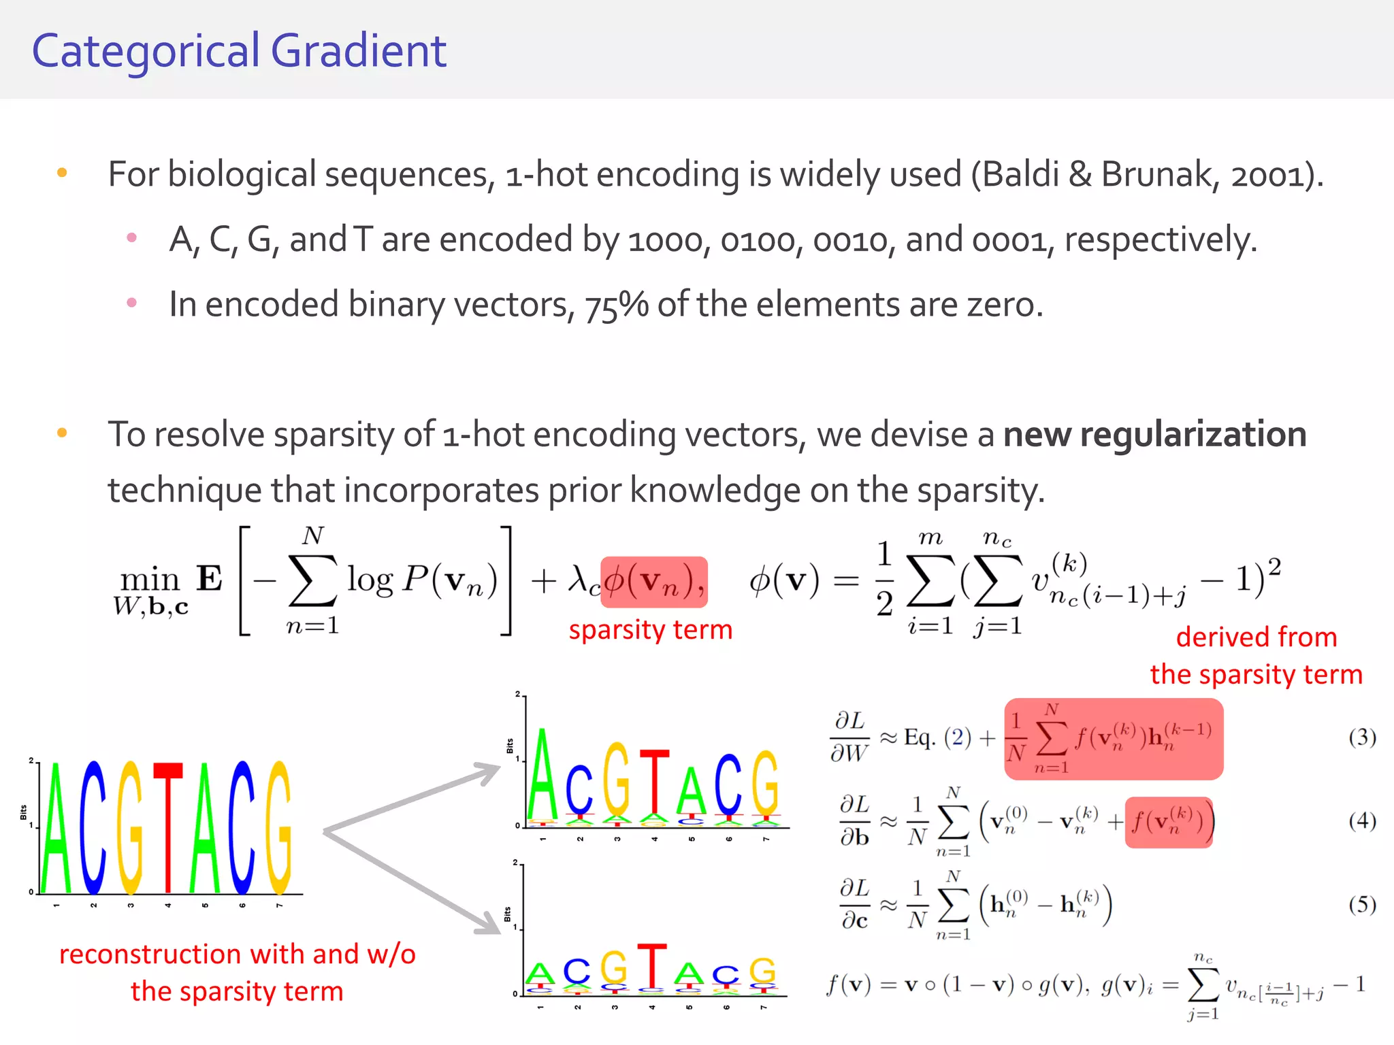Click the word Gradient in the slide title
359,52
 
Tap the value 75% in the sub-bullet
616,305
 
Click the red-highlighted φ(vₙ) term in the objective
653,582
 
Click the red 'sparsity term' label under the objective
650,630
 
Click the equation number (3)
1362,737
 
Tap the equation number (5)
1362,904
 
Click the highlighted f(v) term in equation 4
1168,822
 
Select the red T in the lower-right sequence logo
651,966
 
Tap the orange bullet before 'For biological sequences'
62,173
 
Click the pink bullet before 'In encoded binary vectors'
132,303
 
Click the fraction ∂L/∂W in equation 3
849,737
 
